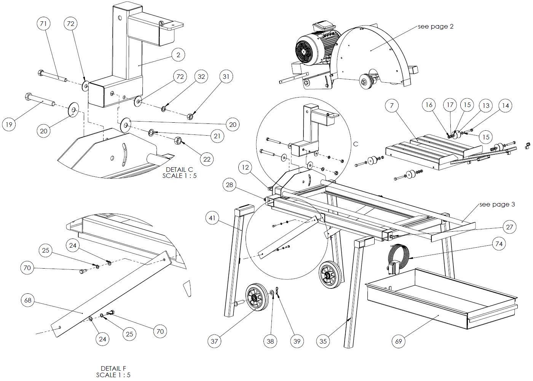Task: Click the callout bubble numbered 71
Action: tap(43, 24)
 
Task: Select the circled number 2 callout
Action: tap(178, 55)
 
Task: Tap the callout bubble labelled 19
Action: tap(9, 124)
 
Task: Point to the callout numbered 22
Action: tap(207, 159)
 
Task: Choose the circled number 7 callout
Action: tap(392, 105)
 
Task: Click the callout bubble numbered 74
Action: tap(499, 244)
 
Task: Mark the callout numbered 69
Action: tap(398, 341)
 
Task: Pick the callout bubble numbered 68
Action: tap(28, 300)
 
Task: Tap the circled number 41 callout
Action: tap(212, 218)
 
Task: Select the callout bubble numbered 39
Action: tap(297, 341)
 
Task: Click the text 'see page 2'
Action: tap(436, 26)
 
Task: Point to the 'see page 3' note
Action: tap(497, 204)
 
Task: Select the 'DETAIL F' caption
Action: tap(113, 368)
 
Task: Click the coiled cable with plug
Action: tap(398, 259)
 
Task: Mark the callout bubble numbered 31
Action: tap(226, 77)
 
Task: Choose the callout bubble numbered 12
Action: tap(245, 167)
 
